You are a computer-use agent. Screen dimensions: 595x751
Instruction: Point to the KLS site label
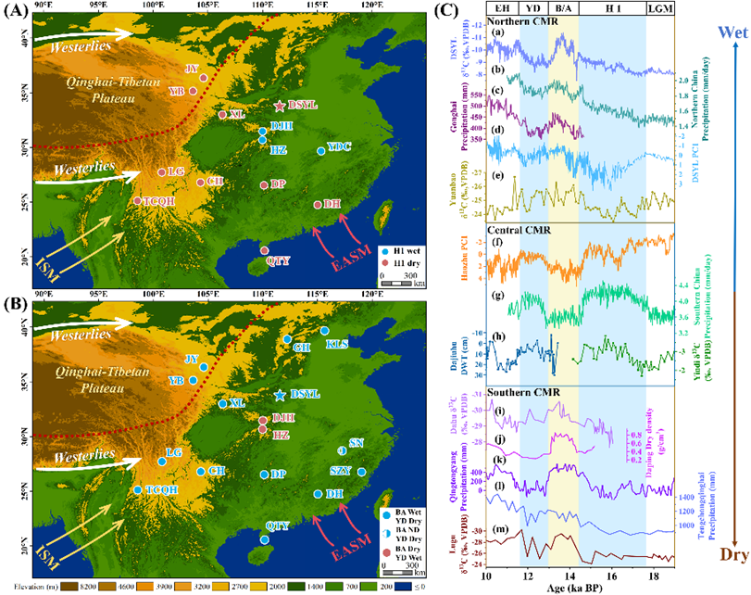point(338,344)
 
